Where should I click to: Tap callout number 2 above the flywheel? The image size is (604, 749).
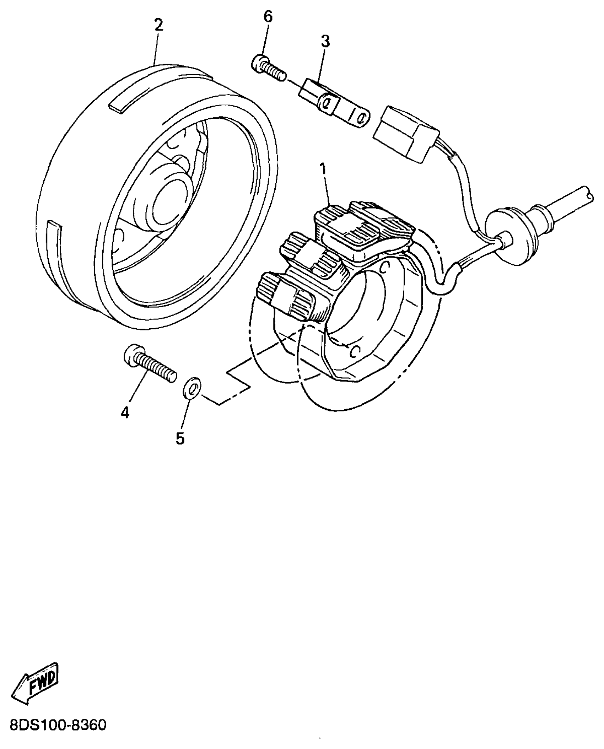pyautogui.click(x=158, y=26)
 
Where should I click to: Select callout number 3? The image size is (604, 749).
pyautogui.click(x=325, y=42)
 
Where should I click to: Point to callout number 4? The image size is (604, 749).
pyautogui.click(x=125, y=413)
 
